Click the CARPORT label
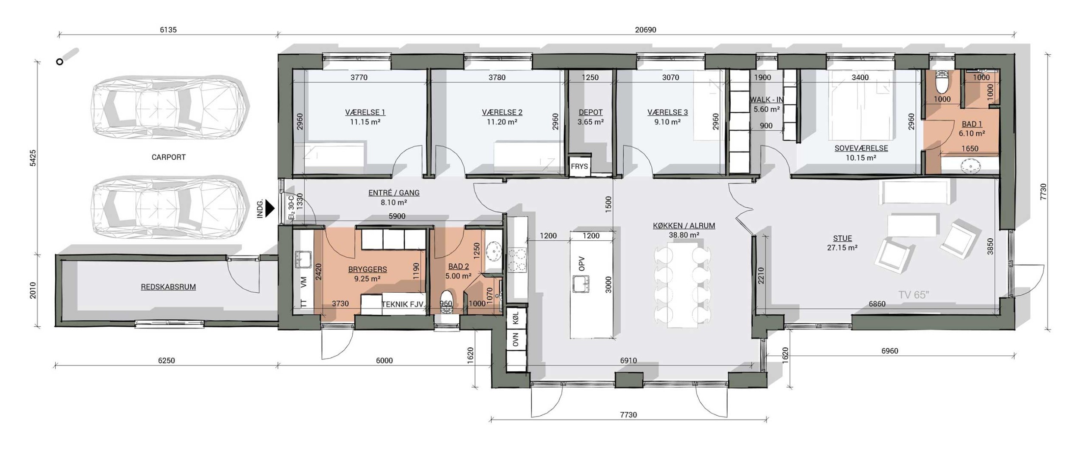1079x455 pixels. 168,157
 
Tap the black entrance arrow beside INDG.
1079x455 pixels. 270,208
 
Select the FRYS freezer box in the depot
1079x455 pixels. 579,166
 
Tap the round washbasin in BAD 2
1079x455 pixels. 493,250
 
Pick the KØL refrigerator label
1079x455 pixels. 516,319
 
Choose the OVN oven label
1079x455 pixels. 516,340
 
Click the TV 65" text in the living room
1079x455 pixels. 914,295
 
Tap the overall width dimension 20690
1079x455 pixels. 645,30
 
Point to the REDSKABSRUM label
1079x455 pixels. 168,287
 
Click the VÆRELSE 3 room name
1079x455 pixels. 668,112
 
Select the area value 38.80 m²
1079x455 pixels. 684,235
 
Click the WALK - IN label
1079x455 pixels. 767,100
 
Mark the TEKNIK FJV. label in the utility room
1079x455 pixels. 403,304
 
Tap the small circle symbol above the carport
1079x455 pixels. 60,62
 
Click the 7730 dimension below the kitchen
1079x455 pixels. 628,415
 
